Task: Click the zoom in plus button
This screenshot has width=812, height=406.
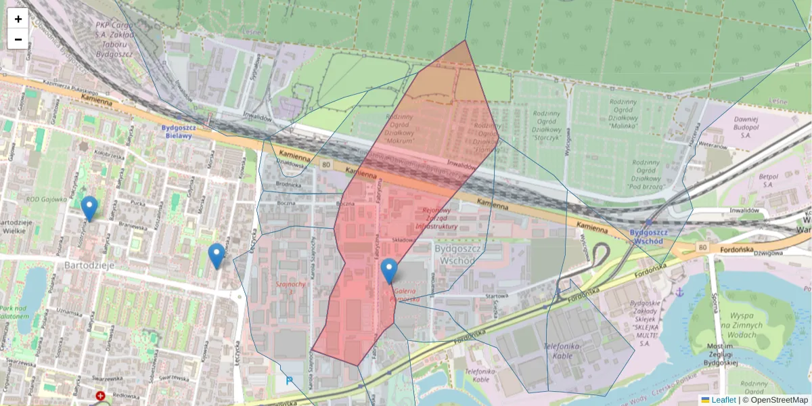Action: click(x=18, y=19)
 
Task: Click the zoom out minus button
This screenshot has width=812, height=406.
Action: click(x=18, y=39)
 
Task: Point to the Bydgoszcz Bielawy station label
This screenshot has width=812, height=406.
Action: click(x=179, y=131)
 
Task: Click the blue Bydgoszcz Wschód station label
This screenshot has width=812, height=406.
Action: click(x=649, y=235)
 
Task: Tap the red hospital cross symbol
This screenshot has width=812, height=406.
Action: click(x=101, y=395)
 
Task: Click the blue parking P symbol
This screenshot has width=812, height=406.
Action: click(x=290, y=380)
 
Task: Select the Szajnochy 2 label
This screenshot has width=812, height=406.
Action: click(x=290, y=288)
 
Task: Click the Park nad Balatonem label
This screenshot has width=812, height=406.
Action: click(x=14, y=312)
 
